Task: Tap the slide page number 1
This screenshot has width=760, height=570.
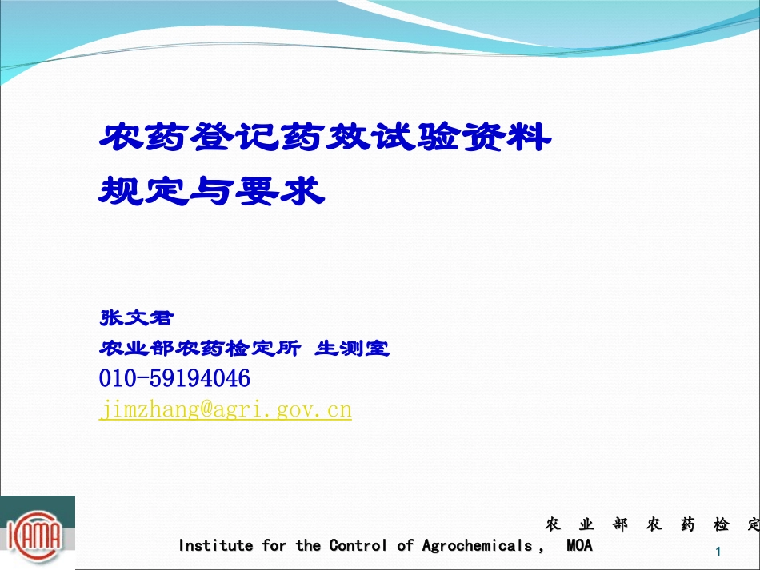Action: [718, 552]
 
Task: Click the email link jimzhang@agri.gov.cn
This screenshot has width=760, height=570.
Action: [226, 410]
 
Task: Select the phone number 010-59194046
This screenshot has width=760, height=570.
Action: [174, 378]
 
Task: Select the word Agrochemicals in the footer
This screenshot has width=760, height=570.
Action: [477, 546]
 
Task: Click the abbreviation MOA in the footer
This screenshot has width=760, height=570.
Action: [579, 546]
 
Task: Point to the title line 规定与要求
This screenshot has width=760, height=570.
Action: [211, 191]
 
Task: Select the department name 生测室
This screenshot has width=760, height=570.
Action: [353, 349]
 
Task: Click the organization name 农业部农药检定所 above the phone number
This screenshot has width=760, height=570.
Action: [200, 349]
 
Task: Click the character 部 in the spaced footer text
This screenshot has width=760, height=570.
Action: [620, 525]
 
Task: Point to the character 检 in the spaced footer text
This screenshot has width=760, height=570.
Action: [722, 525]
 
